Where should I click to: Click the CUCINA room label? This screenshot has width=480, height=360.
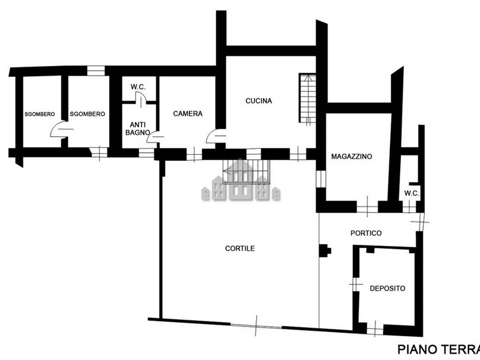(x=259, y=101)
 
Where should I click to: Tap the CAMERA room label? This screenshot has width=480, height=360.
(x=188, y=113)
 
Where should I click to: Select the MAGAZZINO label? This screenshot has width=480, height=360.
(x=352, y=157)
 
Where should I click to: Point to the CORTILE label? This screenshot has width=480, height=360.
(x=239, y=248)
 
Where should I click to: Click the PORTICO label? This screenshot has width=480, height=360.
(x=366, y=233)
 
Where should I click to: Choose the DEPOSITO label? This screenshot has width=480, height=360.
(x=387, y=289)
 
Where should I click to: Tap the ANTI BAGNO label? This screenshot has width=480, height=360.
(x=138, y=128)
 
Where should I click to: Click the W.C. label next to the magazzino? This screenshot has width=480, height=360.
(x=412, y=193)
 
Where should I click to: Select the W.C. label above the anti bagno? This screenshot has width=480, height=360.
(x=138, y=87)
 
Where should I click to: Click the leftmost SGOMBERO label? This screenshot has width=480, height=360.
(x=40, y=114)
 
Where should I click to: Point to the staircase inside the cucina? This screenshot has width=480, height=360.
(x=307, y=98)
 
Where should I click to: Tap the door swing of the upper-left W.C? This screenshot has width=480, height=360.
(x=140, y=98)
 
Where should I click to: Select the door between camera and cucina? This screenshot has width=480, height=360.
(x=215, y=136)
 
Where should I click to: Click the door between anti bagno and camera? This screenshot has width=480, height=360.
(x=155, y=137)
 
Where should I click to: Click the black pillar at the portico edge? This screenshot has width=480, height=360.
(x=325, y=250)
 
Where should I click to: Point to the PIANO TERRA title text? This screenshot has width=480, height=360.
(x=439, y=349)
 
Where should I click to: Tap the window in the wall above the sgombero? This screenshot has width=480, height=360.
(x=96, y=71)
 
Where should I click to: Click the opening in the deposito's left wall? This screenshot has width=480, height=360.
(x=356, y=284)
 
